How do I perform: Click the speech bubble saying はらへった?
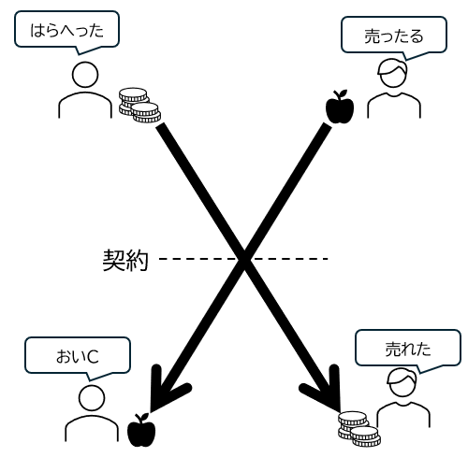pyautogui.click(x=66, y=30)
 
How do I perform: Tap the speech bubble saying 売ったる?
pyautogui.click(x=394, y=36)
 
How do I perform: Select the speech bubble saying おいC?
pyautogui.click(x=78, y=356)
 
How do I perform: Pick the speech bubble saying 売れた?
pyautogui.click(x=408, y=349)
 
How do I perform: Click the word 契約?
pyautogui.click(x=125, y=260)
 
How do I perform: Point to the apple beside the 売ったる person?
pyautogui.click(x=340, y=107)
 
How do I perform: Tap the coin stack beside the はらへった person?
pyautogui.click(x=139, y=105)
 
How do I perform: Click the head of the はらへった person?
pyautogui.click(x=85, y=75)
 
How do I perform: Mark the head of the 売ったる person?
pyautogui.click(x=392, y=74)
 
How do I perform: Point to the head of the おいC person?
pyautogui.click(x=92, y=398)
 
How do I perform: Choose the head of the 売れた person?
pyautogui.click(x=402, y=382)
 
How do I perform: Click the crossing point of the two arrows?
pyautogui.click(x=244, y=259)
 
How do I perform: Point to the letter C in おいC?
pyautogui.click(x=93, y=357)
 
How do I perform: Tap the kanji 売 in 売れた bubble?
pyautogui.click(x=393, y=349)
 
